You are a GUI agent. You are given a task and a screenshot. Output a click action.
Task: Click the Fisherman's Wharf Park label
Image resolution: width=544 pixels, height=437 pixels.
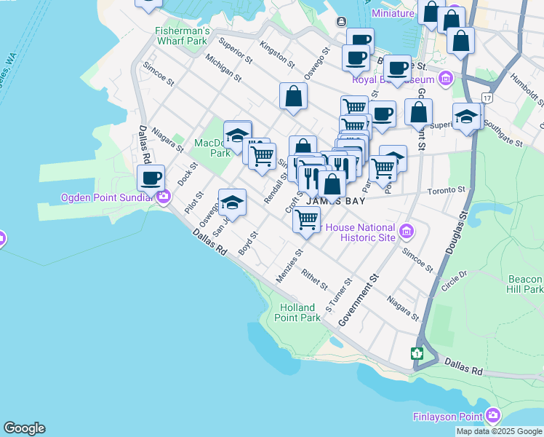tap(182, 36)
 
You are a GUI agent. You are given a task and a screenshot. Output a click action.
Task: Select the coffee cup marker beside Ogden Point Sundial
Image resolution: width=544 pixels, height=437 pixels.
tap(151, 178)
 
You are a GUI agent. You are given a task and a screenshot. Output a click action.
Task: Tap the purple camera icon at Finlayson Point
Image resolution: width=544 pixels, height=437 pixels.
tap(494, 416)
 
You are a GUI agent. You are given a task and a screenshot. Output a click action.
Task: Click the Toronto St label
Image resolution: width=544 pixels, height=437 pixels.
tap(446, 190)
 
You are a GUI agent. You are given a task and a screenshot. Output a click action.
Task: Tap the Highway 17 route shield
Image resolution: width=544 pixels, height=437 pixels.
tap(487, 97)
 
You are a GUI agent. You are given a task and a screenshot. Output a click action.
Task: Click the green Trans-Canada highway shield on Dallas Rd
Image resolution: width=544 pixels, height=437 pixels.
tap(417, 353)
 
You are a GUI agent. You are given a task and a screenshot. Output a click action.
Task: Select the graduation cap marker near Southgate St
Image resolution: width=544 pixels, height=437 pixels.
tap(466, 117)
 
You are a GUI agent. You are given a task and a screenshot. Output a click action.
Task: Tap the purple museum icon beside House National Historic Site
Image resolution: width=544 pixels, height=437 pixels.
tap(407, 232)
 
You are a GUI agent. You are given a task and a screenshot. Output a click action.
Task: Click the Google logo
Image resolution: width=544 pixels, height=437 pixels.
tap(24, 428)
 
